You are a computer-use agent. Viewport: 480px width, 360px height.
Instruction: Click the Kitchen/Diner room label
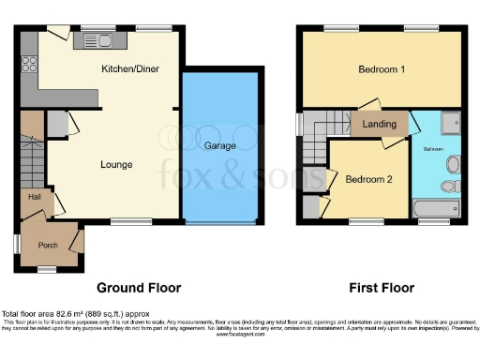click(129, 69)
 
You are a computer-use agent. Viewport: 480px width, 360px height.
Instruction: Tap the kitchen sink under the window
click(97, 39)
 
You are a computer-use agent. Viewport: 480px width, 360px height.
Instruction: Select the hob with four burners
click(28, 65)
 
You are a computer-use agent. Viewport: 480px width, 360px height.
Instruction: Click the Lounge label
click(116, 165)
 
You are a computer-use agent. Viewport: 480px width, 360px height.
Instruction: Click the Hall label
click(34, 197)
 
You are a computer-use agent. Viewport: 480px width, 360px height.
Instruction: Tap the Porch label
click(47, 246)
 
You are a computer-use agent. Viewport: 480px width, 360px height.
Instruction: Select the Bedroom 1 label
click(382, 70)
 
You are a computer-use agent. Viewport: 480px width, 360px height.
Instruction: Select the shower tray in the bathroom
click(450, 122)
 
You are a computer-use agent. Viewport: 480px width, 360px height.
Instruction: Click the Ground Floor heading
click(139, 288)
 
